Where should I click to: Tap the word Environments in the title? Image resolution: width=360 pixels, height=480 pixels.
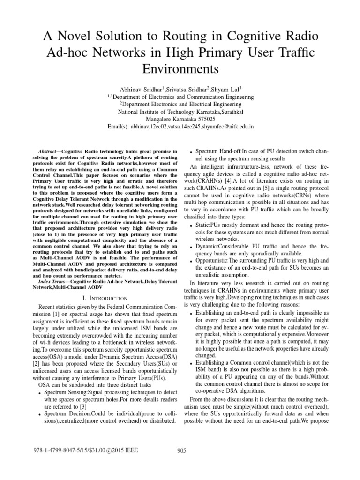pos(180,68)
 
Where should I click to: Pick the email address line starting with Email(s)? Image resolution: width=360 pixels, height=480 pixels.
pos(180,127)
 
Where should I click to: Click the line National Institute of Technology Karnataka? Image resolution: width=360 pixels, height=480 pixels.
pos(180,112)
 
